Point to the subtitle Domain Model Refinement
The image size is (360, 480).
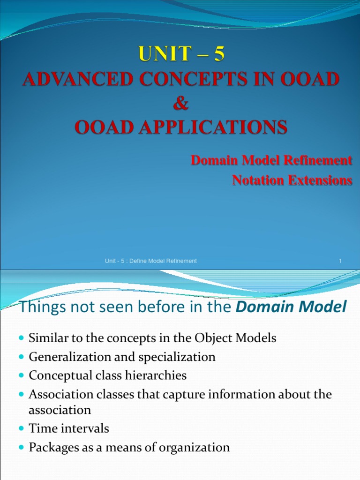click(271, 160)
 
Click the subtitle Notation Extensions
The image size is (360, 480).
click(292, 180)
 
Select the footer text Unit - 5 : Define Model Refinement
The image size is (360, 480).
click(151, 261)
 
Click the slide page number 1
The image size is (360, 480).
click(339, 261)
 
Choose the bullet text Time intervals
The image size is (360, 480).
click(69, 428)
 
